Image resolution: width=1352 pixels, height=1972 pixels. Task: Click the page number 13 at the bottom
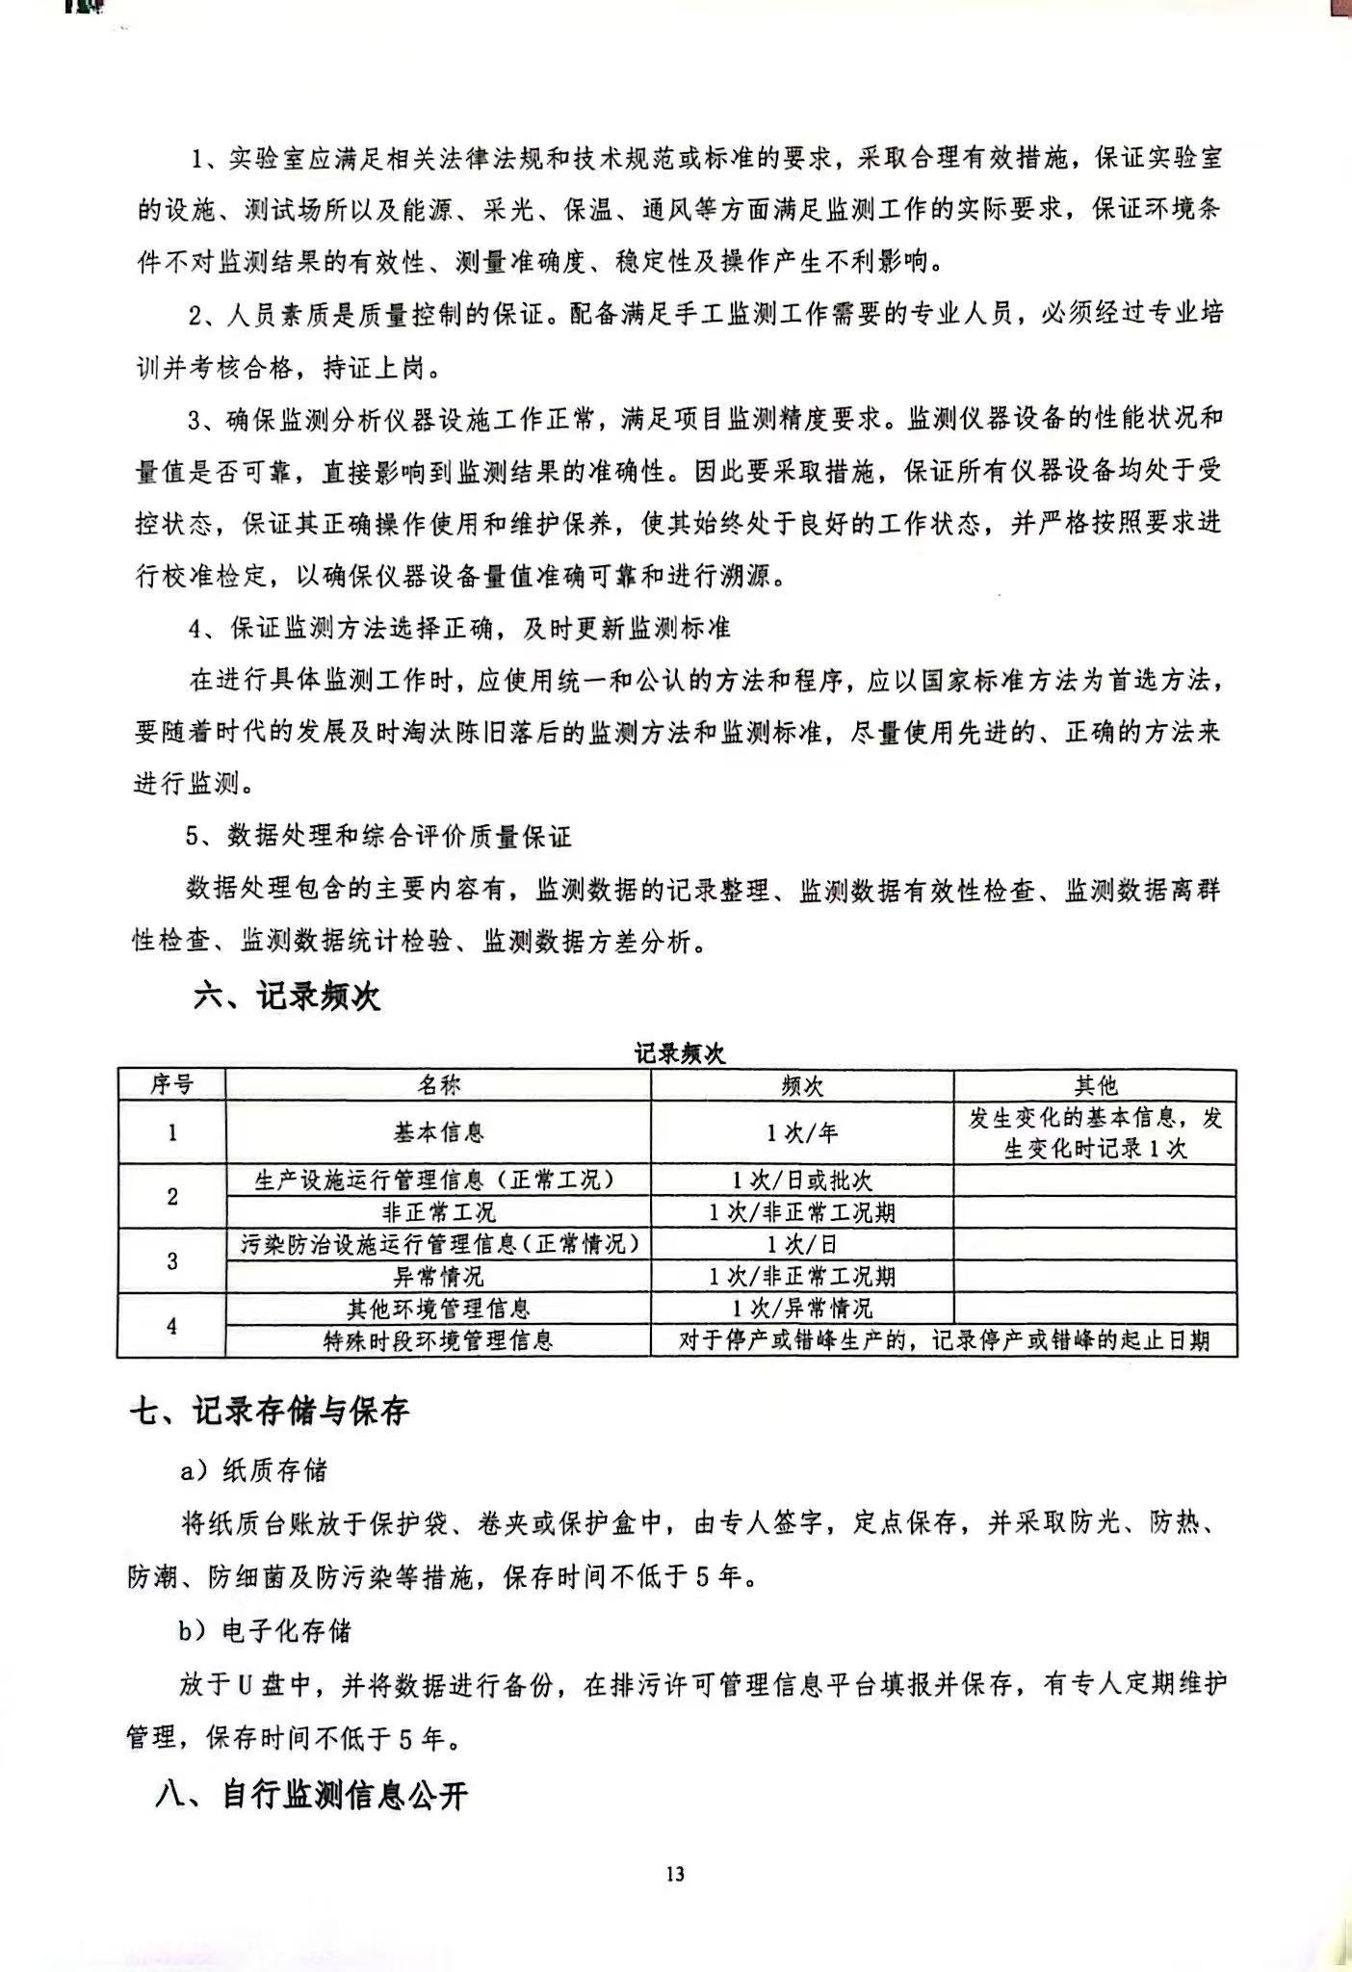(x=674, y=1874)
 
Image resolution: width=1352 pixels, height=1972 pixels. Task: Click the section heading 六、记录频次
(x=287, y=997)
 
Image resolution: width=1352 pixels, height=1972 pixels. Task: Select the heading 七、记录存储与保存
(x=271, y=1412)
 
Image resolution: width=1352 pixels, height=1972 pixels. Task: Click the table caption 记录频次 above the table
(x=679, y=1053)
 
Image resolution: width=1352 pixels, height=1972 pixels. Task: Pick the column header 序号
(x=171, y=1085)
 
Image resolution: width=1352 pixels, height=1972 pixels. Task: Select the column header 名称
(x=438, y=1085)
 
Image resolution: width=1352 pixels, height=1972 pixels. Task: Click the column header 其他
(x=1095, y=1085)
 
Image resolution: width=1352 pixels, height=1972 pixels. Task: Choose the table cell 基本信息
(x=438, y=1132)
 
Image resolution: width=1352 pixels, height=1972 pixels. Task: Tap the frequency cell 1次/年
(x=802, y=1132)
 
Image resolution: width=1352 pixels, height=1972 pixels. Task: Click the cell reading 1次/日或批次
(x=802, y=1180)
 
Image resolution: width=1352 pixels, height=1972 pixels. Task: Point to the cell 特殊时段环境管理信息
(x=438, y=1340)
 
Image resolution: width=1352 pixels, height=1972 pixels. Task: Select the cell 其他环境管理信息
(x=438, y=1309)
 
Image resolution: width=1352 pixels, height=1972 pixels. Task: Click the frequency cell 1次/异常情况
(x=802, y=1309)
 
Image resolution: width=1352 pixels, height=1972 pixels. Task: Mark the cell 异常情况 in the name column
(x=438, y=1277)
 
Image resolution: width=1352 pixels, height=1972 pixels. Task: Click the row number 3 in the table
(x=171, y=1260)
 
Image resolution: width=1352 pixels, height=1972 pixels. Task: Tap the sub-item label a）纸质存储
(x=254, y=1470)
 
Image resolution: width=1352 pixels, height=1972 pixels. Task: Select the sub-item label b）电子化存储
(x=265, y=1631)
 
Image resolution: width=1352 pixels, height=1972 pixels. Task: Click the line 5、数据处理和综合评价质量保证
(x=378, y=836)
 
